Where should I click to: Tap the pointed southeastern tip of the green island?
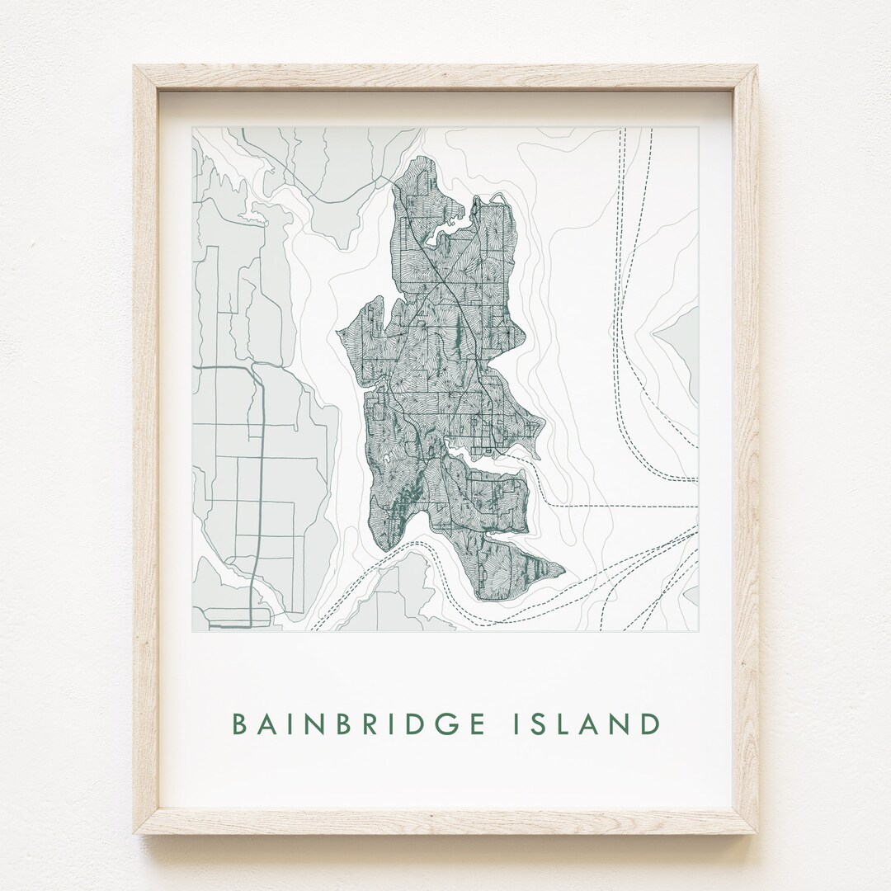[x=564, y=569]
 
